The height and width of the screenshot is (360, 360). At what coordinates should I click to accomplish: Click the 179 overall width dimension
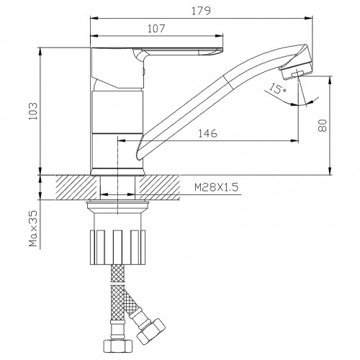201,11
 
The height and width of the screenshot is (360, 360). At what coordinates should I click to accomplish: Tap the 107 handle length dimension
156,29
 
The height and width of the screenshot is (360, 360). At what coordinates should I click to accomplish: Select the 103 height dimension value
33,111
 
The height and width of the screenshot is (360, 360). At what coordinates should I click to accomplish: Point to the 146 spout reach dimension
208,133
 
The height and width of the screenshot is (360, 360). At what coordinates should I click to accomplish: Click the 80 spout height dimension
323,125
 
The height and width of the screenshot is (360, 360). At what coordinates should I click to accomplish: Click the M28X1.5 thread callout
217,187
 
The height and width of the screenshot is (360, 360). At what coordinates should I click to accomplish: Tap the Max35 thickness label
33,228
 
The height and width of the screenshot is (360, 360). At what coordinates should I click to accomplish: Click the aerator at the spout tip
296,71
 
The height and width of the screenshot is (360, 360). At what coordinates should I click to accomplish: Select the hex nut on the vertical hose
117,345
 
